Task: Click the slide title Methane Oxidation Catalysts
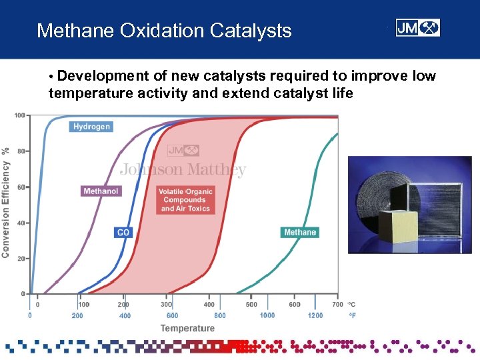pyautogui.click(x=164, y=31)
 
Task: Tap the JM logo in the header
pyautogui.click(x=417, y=28)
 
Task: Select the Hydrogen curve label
pyautogui.click(x=91, y=127)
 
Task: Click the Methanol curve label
pyautogui.click(x=101, y=191)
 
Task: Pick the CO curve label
pyautogui.click(x=123, y=232)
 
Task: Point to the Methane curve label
pyautogui.click(x=300, y=232)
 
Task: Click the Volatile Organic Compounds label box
pyautogui.click(x=185, y=200)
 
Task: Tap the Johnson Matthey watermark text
pyautogui.click(x=183, y=170)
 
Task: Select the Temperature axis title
pyautogui.click(x=187, y=328)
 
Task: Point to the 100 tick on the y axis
pyautogui.click(x=19, y=116)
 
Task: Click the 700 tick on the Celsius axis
pyautogui.click(x=337, y=305)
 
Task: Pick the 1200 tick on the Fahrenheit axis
pyautogui.click(x=315, y=315)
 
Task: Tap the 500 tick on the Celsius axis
pyautogui.click(x=251, y=305)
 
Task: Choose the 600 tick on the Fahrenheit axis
pyautogui.click(x=172, y=315)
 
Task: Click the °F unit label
pyautogui.click(x=352, y=315)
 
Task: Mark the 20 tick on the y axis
pyautogui.click(x=21, y=258)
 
